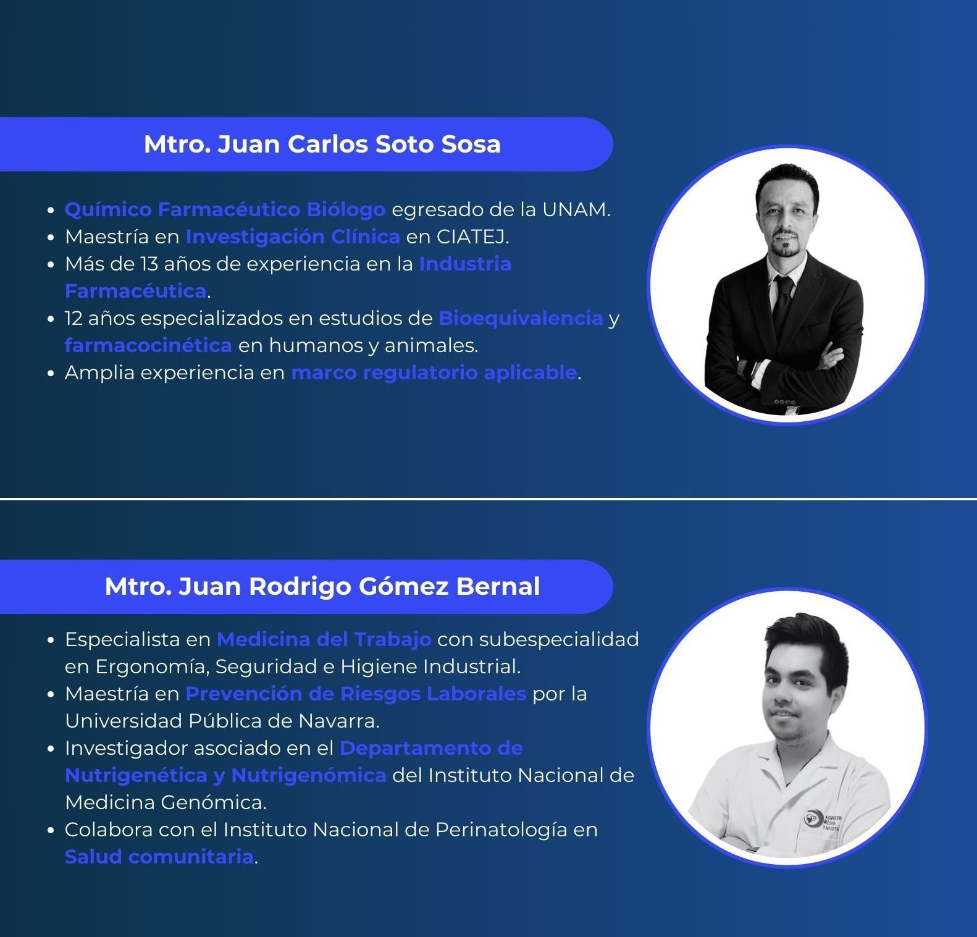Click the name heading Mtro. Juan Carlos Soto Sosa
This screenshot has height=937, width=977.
322,144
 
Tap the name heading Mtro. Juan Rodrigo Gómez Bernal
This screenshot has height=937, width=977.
322,586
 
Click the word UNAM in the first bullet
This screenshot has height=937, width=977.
576,210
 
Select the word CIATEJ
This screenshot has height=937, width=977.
472,237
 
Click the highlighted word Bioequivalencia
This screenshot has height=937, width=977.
521,318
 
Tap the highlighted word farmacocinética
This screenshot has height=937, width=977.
148,345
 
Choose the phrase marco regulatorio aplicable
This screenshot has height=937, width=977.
434,373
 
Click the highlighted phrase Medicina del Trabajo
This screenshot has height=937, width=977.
324,639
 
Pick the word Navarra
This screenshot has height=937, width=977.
339,721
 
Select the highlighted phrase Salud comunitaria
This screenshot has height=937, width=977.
159,857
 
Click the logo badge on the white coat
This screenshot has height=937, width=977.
810,820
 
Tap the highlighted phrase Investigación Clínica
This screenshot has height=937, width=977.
293,237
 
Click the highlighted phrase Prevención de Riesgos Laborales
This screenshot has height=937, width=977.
356,694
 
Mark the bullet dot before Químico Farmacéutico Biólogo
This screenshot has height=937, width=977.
52,211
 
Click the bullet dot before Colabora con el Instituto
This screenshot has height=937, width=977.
52,831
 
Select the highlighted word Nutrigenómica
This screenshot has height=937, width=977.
309,776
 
